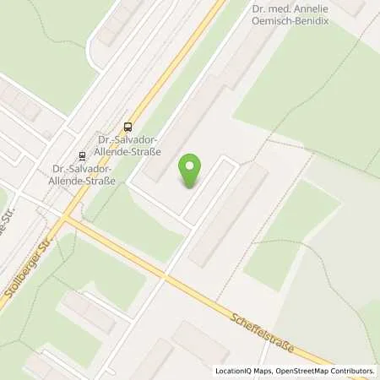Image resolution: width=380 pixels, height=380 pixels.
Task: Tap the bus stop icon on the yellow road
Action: tap(128, 127)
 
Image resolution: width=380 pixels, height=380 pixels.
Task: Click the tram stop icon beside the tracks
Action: tap(82, 155)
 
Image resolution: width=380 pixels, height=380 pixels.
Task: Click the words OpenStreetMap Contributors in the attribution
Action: tap(325, 371)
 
